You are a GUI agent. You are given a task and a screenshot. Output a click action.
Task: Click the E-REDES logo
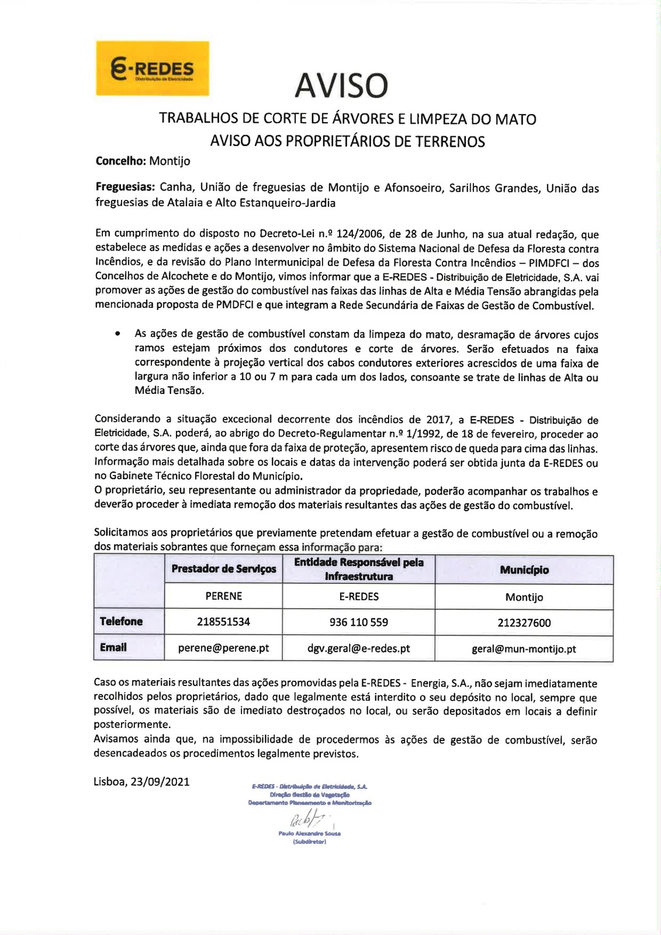[153, 68]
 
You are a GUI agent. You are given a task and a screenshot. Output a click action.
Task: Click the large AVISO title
[341, 85]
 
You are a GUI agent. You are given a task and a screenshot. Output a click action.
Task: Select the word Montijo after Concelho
[169, 161]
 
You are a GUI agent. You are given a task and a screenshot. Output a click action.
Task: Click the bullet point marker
[118, 334]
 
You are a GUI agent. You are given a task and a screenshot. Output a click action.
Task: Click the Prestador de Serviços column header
[224, 569]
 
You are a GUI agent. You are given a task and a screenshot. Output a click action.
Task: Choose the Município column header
[524, 570]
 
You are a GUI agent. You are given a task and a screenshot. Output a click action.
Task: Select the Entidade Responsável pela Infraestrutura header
[359, 569]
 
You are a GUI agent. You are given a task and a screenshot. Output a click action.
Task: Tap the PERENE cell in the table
[224, 596]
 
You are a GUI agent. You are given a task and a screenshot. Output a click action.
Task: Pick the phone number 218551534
[223, 622]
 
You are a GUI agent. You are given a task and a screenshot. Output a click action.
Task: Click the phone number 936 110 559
[359, 622]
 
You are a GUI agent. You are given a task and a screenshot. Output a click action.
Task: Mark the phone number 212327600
[524, 623]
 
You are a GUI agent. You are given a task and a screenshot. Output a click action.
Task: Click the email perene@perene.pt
[223, 648]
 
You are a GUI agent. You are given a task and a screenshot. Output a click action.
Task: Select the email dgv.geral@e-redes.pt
[359, 649]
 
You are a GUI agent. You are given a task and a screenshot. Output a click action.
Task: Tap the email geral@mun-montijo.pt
[524, 649]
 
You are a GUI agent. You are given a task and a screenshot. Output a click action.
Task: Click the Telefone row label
[121, 621]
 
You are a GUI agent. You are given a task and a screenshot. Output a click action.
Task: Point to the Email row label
[113, 647]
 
